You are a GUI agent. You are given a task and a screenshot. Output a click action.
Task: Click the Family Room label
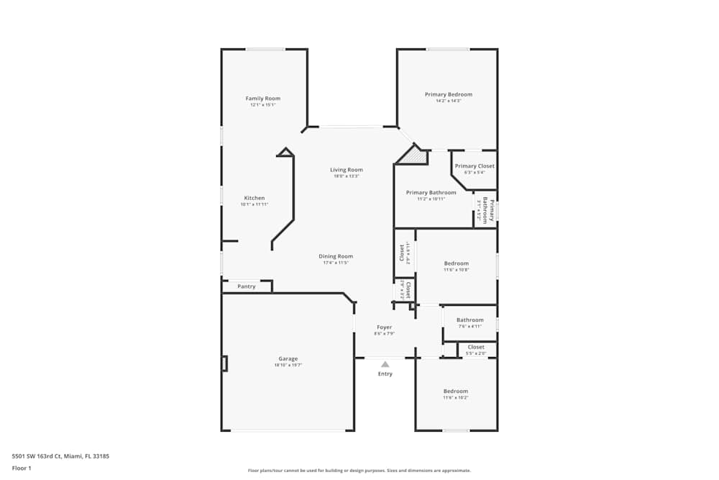click(262, 99)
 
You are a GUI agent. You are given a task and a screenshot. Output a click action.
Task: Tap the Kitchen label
click(254, 198)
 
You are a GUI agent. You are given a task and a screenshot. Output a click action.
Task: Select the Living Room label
click(346, 170)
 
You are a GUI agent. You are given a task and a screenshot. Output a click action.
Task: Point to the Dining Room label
click(336, 256)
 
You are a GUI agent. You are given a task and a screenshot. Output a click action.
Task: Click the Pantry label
click(246, 286)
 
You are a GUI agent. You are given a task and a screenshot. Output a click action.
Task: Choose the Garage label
click(288, 358)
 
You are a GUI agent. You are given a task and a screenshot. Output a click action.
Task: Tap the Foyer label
click(384, 327)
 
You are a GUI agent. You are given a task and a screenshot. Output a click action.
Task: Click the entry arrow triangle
click(385, 364)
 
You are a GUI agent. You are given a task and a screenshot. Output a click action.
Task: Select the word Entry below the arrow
click(385, 373)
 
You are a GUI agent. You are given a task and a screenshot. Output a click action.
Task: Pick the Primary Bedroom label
click(448, 94)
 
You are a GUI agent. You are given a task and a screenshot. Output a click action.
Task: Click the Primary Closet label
click(475, 166)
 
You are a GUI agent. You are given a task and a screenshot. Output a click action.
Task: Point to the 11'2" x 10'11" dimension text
click(431, 199)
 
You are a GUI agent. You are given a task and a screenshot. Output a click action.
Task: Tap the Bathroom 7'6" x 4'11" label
click(470, 320)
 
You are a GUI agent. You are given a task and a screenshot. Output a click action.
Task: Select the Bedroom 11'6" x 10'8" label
click(456, 263)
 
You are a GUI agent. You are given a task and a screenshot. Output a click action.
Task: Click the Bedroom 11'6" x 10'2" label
click(455, 391)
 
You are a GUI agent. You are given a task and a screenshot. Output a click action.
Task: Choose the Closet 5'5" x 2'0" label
click(475, 348)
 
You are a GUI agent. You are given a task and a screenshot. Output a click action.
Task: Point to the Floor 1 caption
click(22, 468)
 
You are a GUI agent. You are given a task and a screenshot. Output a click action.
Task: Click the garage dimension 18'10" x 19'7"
click(288, 365)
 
